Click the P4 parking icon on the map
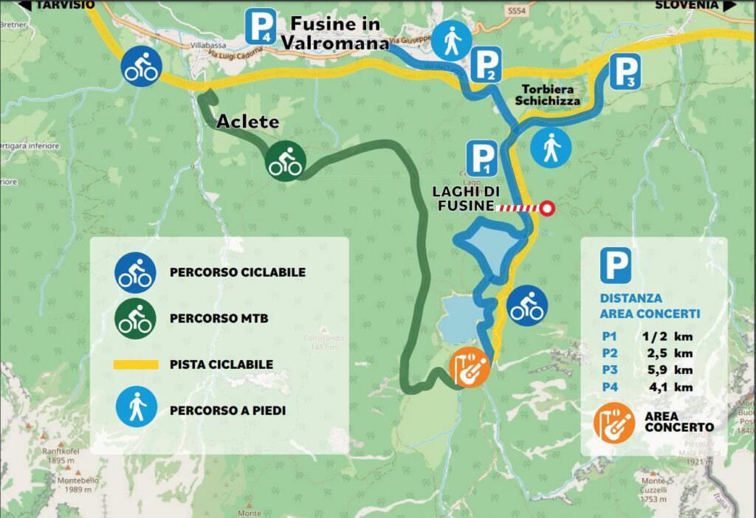pyautogui.click(x=261, y=26)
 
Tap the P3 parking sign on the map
pyautogui.click(x=624, y=72)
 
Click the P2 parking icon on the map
pyautogui.click(x=485, y=65)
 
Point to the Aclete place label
pyautogui.click(x=247, y=122)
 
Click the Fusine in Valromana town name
pyautogui.click(x=334, y=33)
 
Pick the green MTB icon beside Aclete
pyautogui.click(x=285, y=159)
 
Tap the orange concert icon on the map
pyautogui.click(x=469, y=366)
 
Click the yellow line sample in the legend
pyautogui.click(x=136, y=365)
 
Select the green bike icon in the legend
pyautogui.click(x=134, y=318)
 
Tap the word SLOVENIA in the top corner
pyautogui.click(x=687, y=4)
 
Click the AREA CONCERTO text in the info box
pyautogui.click(x=678, y=422)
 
